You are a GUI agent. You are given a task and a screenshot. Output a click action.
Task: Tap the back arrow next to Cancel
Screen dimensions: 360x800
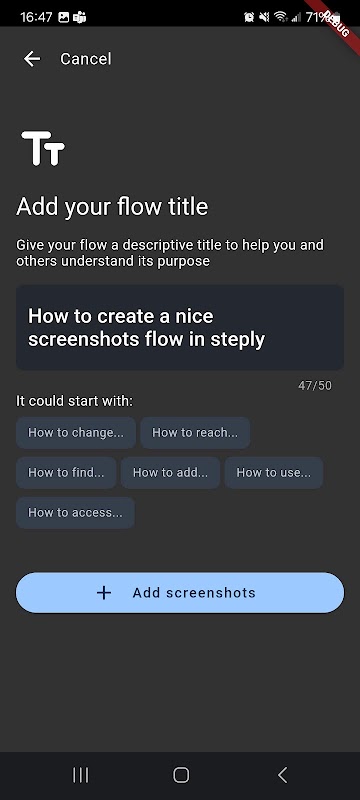[32, 59]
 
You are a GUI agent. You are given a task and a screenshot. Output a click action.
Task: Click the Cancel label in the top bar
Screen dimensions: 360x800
[86, 59]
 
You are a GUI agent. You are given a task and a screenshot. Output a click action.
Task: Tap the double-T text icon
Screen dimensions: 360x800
[43, 148]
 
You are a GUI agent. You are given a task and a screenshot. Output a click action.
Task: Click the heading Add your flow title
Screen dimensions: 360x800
[112, 207]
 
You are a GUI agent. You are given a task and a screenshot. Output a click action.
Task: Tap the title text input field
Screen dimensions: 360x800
[180, 327]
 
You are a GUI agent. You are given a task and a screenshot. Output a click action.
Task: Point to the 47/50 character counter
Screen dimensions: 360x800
[315, 386]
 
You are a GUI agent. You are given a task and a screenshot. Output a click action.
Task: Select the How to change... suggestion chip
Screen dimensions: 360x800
[76, 433]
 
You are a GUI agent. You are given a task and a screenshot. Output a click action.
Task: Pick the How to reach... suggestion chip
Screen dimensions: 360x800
[195, 433]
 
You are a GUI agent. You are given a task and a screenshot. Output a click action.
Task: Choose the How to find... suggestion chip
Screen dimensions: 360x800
[66, 472]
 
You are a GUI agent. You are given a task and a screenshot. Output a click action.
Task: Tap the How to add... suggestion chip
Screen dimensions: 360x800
[170, 472]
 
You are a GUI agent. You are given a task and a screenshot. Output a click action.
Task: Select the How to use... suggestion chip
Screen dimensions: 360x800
[274, 472]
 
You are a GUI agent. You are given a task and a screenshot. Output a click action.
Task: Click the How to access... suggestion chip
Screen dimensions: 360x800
[75, 512]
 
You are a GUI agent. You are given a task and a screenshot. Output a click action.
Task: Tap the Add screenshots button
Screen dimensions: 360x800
[180, 592]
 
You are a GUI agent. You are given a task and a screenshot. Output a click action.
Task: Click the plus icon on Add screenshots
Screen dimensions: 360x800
[104, 593]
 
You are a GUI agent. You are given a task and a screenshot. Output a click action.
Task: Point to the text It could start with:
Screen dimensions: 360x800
[74, 401]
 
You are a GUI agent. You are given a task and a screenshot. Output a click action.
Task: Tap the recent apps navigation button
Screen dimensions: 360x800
[81, 775]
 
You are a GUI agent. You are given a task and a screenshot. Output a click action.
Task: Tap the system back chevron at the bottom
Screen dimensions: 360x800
[282, 775]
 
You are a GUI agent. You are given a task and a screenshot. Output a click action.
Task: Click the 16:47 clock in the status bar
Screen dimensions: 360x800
[36, 17]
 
